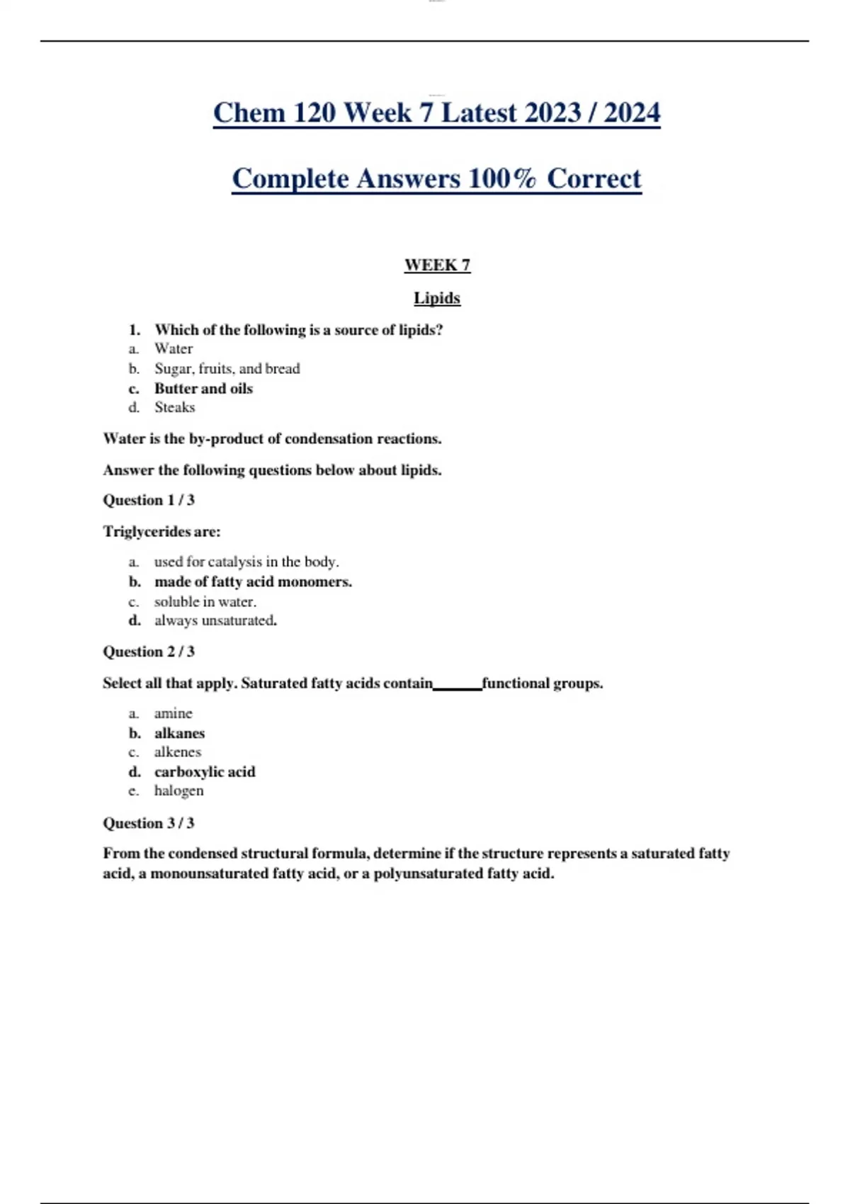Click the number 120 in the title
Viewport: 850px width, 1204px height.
pos(313,113)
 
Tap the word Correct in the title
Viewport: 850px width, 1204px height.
pos(594,178)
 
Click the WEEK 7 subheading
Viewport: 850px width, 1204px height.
pos(437,266)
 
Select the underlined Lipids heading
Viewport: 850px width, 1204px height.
pos(437,298)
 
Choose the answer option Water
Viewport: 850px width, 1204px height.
pos(174,348)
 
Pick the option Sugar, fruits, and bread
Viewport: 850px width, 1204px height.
pos(227,368)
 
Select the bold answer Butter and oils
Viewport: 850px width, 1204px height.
pos(203,388)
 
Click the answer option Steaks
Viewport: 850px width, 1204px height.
pos(174,407)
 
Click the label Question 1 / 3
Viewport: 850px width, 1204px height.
pos(149,500)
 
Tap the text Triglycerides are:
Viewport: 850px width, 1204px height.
pos(161,531)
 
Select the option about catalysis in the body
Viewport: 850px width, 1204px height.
pos(246,562)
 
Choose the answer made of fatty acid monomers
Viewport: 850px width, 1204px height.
pos(253,581)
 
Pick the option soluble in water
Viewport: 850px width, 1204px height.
pos(205,601)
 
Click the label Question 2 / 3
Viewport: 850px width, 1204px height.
pos(149,652)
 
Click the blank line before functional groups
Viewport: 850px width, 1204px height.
pos(457,686)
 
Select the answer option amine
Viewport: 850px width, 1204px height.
pos(174,713)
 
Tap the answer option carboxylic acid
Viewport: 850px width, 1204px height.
pos(205,771)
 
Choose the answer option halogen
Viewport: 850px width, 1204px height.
pos(178,790)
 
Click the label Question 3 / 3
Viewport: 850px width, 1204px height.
pos(149,823)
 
